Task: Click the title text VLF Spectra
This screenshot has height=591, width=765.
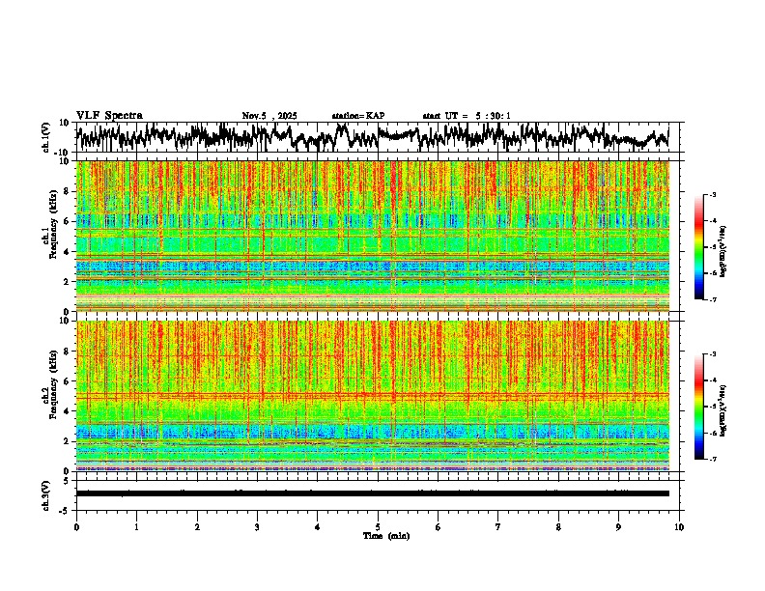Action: click(x=109, y=116)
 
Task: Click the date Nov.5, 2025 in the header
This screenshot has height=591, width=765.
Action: click(x=269, y=116)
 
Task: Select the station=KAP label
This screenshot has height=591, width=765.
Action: click(x=357, y=116)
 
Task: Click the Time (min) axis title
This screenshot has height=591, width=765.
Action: click(x=385, y=535)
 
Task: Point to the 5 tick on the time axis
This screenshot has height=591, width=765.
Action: click(x=378, y=526)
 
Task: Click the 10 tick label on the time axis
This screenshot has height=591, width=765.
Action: click(x=679, y=526)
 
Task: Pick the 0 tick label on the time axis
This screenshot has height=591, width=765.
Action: click(x=76, y=526)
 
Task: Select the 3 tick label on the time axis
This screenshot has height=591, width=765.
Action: click(x=257, y=526)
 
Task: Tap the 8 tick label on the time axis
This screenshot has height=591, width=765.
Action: click(x=558, y=526)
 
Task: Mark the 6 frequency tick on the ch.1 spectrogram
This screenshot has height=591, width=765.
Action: click(x=66, y=221)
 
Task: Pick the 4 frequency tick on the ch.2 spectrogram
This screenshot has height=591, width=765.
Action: click(x=66, y=410)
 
